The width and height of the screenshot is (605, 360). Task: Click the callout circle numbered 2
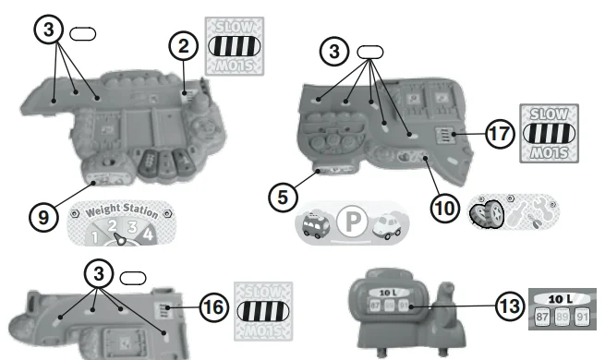(183, 43)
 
